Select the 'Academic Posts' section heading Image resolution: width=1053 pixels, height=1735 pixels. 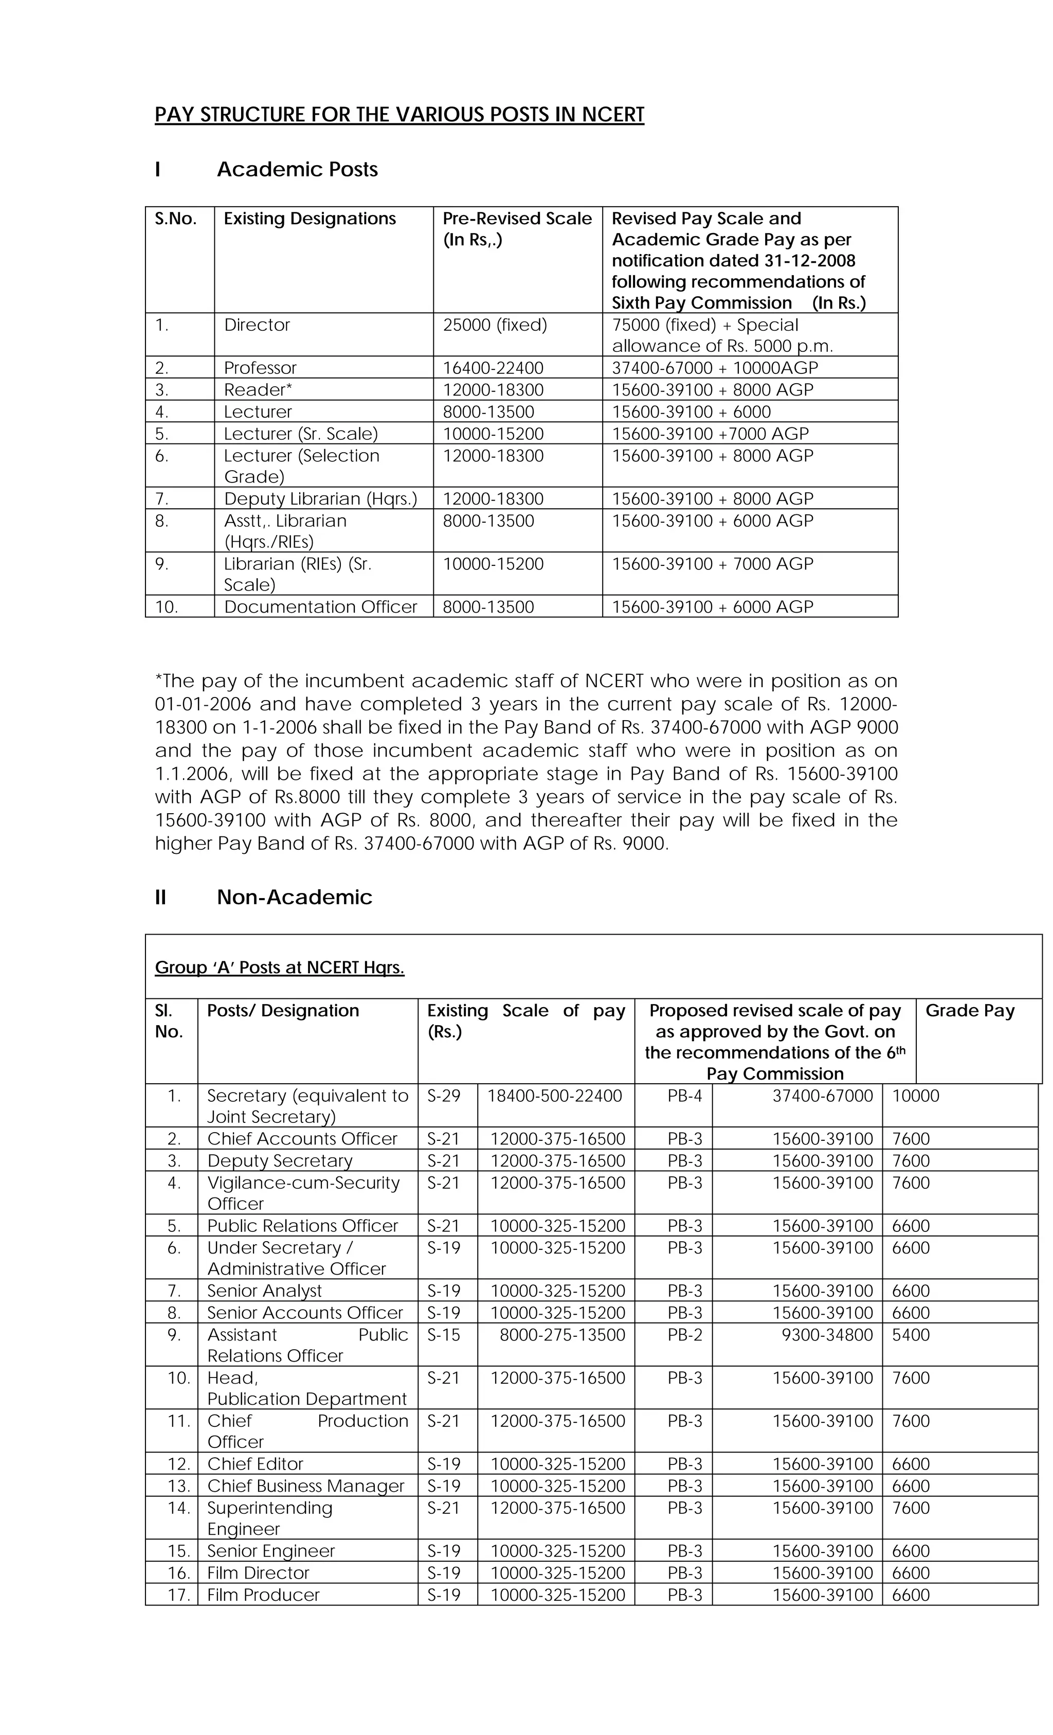pos(297,170)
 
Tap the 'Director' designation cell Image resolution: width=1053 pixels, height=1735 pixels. pos(257,325)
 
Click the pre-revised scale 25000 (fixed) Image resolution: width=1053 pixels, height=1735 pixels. pos(495,325)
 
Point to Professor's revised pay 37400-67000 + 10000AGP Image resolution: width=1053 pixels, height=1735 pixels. pos(715,368)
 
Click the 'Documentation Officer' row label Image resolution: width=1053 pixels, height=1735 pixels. pos(320,607)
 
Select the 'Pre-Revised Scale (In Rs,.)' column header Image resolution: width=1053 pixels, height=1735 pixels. pos(517,229)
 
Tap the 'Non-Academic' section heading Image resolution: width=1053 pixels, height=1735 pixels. pos(294,897)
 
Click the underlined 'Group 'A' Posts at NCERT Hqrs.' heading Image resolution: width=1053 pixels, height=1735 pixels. pos(279,968)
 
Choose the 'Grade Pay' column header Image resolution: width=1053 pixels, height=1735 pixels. pos(969,1011)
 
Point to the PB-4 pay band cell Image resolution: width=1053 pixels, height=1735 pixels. pos(685,1096)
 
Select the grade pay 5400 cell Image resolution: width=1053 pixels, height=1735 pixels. pos(910,1335)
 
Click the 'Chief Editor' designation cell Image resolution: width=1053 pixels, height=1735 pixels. pos(255,1464)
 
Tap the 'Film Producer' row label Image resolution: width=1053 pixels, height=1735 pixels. pos(263,1595)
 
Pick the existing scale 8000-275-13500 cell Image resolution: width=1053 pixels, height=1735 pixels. pos(561,1335)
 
